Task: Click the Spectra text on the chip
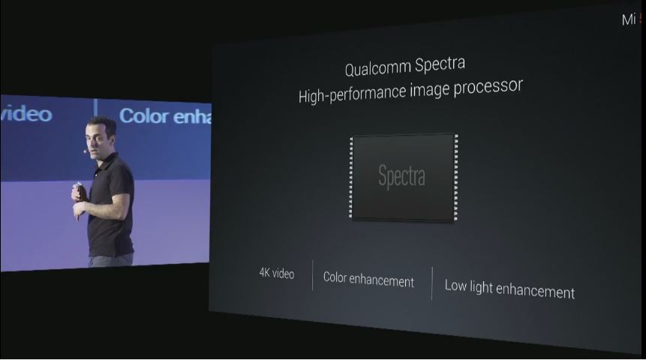401,177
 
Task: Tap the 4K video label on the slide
277,273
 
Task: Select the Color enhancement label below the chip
368,280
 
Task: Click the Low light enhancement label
509,289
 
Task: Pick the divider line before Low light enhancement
432,283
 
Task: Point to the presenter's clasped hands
78,193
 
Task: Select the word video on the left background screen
26,114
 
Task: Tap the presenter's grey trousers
111,259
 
